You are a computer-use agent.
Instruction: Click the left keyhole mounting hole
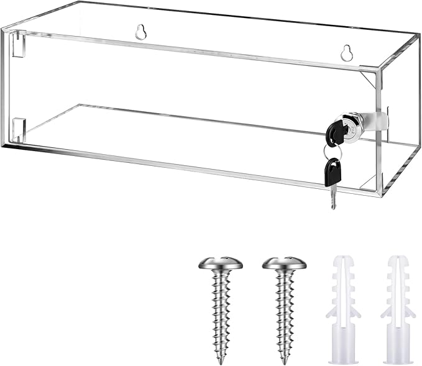[141, 32]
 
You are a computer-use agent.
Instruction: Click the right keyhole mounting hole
[347, 53]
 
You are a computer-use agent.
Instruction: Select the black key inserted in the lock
[337, 131]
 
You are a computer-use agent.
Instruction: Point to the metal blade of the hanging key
[333, 198]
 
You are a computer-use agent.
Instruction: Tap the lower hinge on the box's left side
[18, 128]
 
